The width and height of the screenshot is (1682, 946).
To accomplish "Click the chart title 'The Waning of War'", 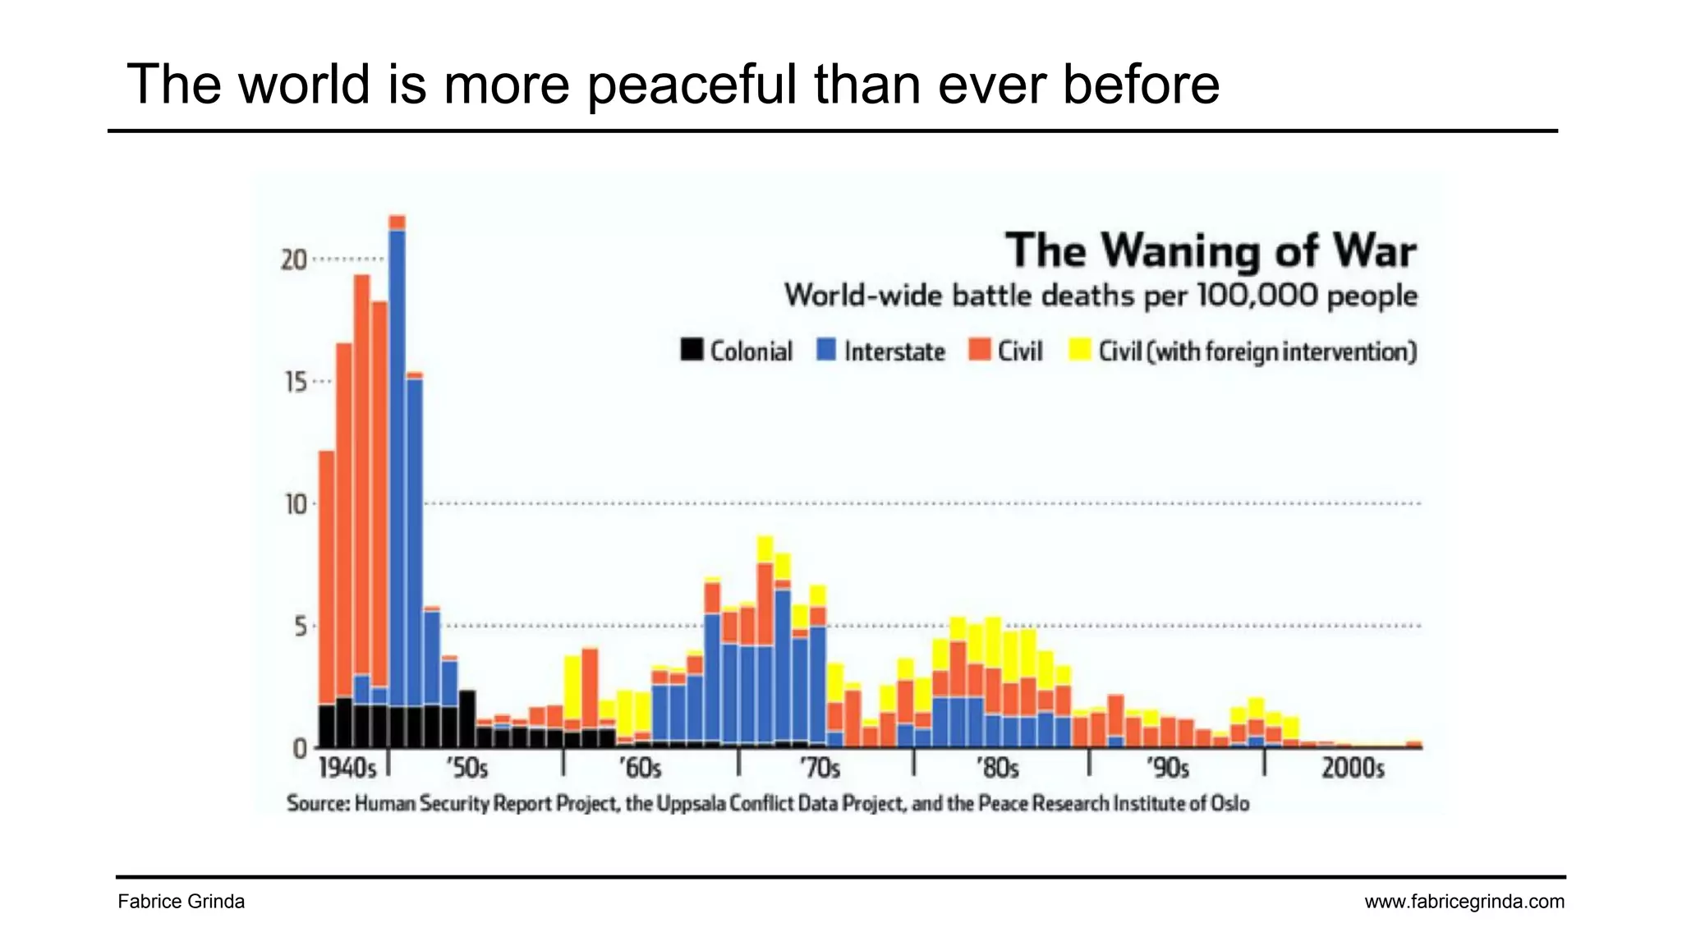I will pos(1211,250).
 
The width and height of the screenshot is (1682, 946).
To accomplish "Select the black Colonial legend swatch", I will pos(692,350).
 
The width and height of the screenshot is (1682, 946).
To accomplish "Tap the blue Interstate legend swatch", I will pos(826,350).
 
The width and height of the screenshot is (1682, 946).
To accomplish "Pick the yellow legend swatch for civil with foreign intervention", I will pos(1079,350).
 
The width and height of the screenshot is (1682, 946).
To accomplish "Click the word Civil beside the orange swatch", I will pos(1020,351).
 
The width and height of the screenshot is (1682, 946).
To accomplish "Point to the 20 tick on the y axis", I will pos(293,260).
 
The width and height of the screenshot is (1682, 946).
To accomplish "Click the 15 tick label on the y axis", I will pos(296,382).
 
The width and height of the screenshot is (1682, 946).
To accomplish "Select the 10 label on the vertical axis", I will pos(296,504).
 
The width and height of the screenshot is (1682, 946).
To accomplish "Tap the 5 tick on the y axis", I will pos(301,627).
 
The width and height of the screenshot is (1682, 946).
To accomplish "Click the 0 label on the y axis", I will pos(300,748).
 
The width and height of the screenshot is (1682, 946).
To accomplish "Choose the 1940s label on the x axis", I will pos(347,769).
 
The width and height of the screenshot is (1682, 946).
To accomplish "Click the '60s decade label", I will pos(640,769).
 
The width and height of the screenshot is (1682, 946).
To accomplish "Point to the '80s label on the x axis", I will pos(997,769).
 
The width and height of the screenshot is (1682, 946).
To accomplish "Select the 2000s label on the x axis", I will pos(1353,769).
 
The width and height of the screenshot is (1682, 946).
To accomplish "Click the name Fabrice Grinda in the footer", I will pos(181,902).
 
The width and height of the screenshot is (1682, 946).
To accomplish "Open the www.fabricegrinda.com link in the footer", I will pos(1464,902).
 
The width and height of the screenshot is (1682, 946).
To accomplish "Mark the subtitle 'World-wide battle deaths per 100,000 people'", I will pos(1101,296).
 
